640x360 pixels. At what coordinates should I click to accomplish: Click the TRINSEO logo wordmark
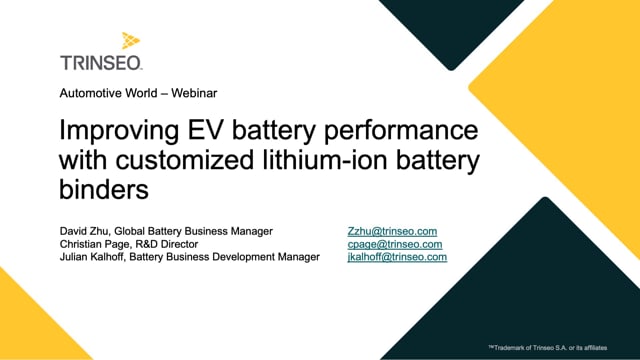pyautogui.click(x=101, y=61)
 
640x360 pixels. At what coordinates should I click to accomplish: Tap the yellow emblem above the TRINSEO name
pyautogui.click(x=131, y=41)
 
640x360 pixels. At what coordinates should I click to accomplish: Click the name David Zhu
pyautogui.click(x=84, y=231)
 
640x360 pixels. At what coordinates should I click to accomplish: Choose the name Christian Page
pyautogui.click(x=96, y=244)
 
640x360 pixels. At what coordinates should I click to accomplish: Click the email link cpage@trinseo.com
pyautogui.click(x=394, y=244)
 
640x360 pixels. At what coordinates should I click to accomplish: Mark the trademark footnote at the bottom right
pyautogui.click(x=560, y=347)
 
